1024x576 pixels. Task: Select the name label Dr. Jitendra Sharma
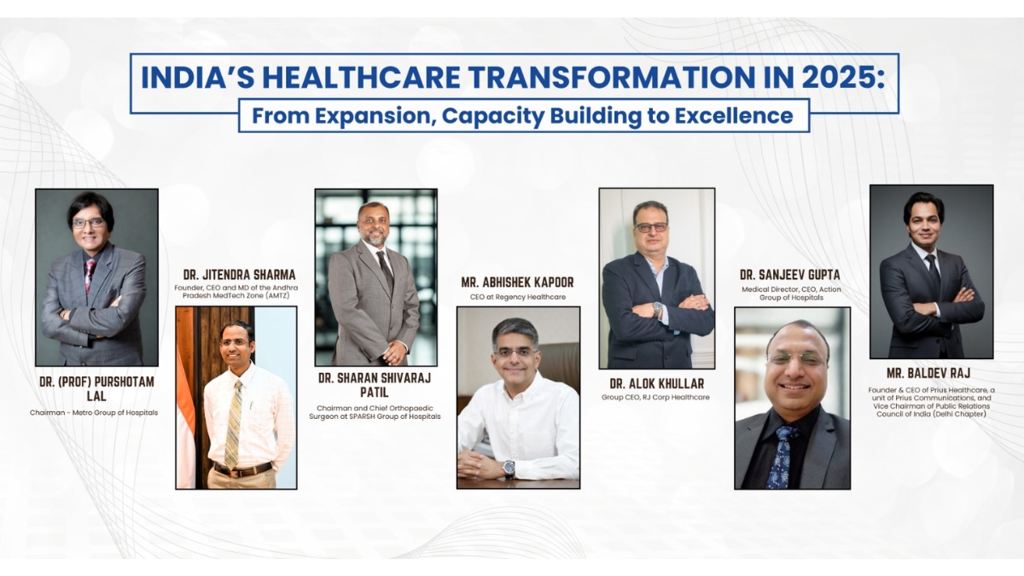coord(239,275)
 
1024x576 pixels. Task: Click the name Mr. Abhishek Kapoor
coord(517,282)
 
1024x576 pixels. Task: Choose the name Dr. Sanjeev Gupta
coord(789,275)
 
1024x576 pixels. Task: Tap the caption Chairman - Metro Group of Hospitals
coord(94,412)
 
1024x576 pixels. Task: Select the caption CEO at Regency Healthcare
coord(517,297)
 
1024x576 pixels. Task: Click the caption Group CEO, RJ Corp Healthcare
coord(655,397)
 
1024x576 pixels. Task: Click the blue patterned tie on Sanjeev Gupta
coord(782,457)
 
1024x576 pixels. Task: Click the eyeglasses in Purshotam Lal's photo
coord(89,223)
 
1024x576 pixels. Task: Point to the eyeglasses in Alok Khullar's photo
coord(651,227)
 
